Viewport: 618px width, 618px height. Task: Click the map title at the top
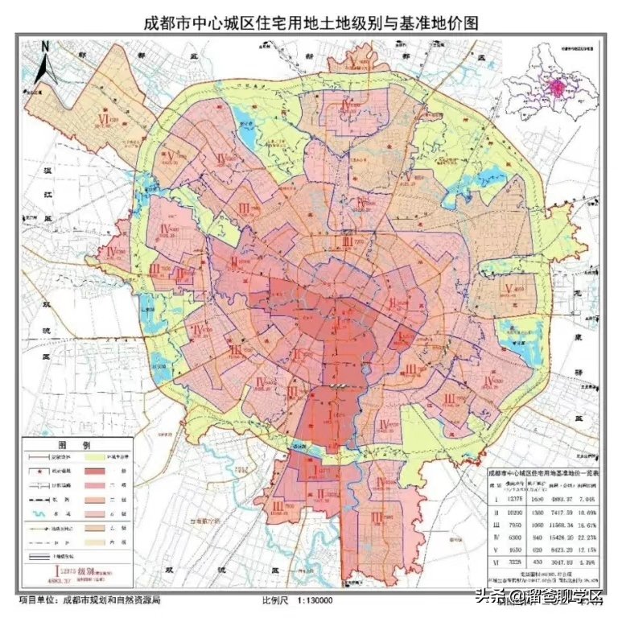(310, 23)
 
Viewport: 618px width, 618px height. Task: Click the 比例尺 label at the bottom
(273, 600)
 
